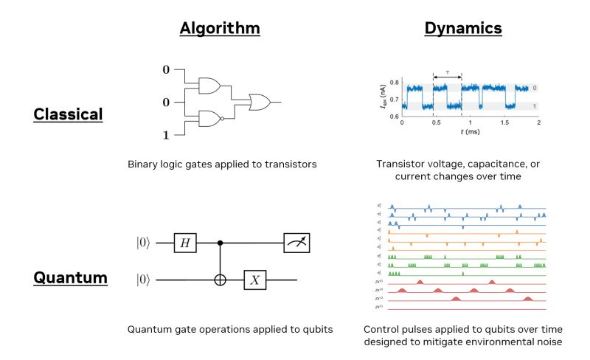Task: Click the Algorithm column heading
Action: [x=220, y=29]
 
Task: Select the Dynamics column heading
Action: [x=462, y=29]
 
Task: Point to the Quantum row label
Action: [x=70, y=278]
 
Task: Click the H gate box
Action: [x=184, y=242]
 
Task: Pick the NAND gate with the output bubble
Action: [x=210, y=118]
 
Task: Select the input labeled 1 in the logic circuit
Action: [x=166, y=135]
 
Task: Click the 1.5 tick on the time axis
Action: [x=504, y=123]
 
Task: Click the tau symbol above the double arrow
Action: [x=447, y=71]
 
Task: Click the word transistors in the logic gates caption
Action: [x=290, y=164]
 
